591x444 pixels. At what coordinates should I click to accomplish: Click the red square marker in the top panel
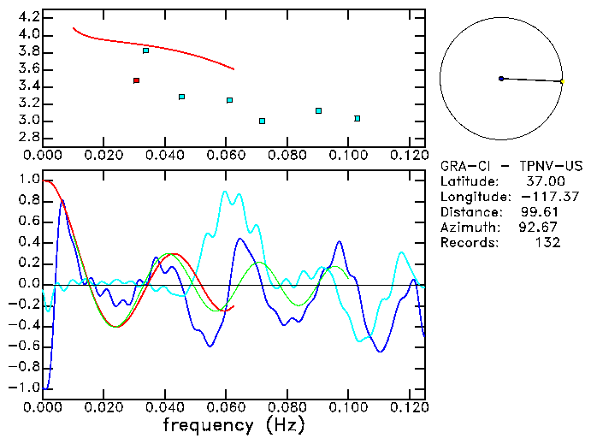tap(136, 80)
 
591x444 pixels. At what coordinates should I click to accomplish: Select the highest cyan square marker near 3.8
tap(145, 50)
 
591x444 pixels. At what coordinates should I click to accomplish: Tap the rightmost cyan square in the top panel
tap(357, 118)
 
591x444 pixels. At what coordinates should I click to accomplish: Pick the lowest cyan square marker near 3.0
tap(262, 121)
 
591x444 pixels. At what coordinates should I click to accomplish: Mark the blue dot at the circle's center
tap(501, 79)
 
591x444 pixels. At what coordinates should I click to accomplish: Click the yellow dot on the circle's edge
tap(562, 81)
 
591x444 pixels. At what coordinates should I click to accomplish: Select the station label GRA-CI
tap(463, 166)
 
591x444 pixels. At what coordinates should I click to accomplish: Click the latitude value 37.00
tap(545, 181)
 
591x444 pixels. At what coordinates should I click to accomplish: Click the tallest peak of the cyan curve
tap(226, 192)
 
